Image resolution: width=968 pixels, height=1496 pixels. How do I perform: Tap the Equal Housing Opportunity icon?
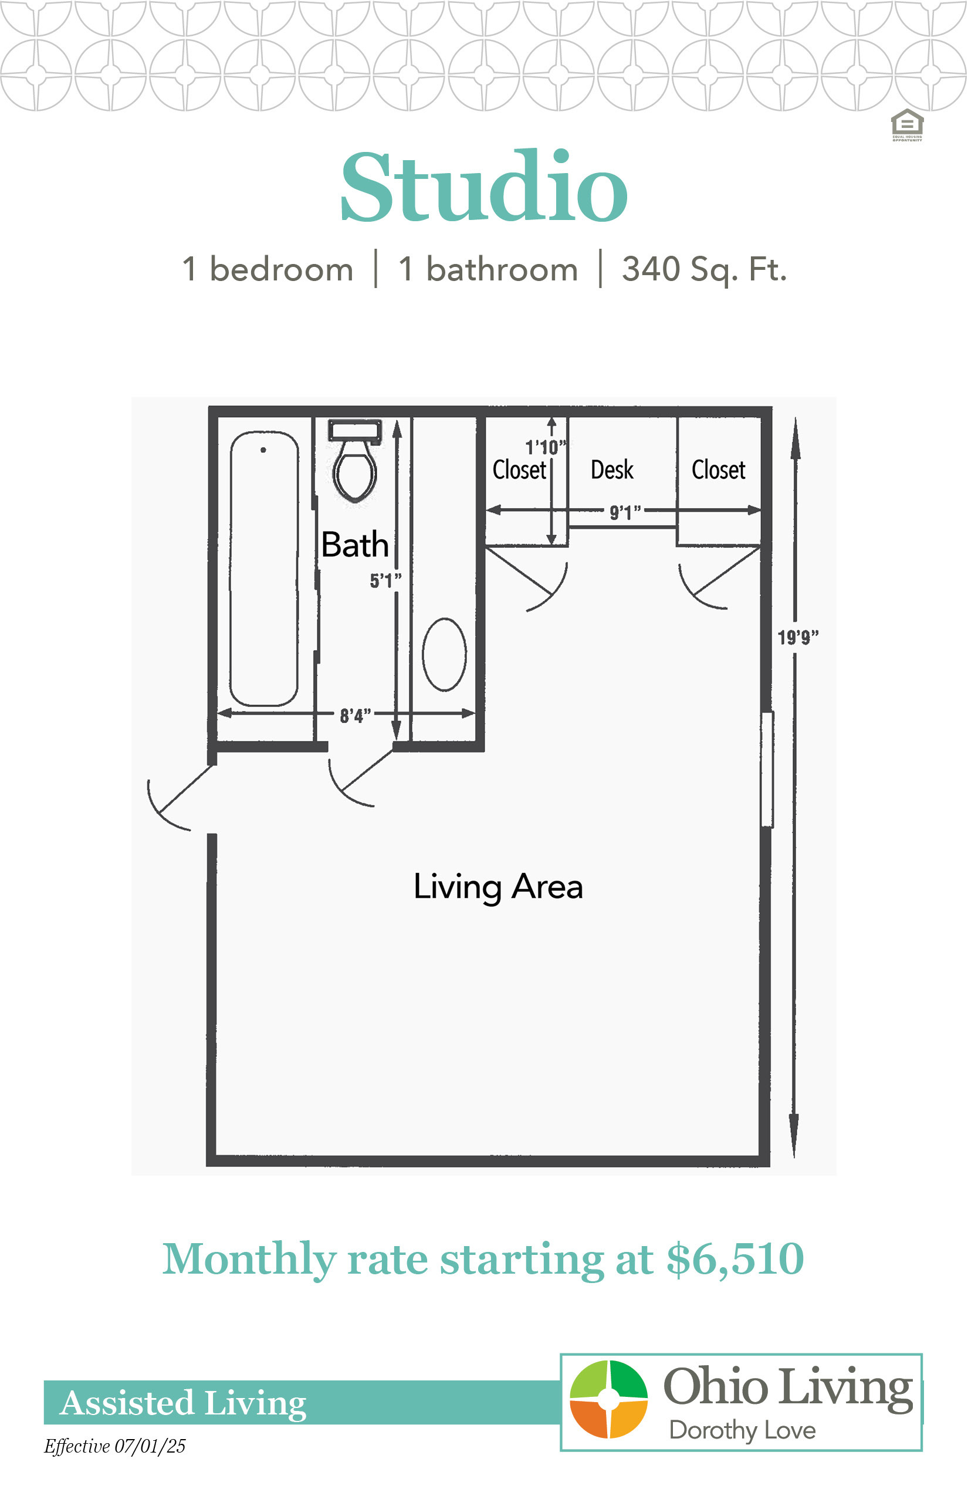coord(907,125)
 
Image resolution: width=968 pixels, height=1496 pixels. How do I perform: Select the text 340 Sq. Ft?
coord(704,269)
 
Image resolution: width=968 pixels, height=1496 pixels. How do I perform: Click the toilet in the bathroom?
coord(355,461)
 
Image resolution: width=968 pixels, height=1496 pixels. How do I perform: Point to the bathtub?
coord(264,569)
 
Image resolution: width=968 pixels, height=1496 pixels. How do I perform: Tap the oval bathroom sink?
coord(445,654)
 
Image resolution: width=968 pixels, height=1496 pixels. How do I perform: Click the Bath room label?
coord(355,544)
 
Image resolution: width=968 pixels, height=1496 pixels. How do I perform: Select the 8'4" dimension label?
coord(356,715)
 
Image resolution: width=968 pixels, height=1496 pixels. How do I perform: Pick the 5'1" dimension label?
coord(385,580)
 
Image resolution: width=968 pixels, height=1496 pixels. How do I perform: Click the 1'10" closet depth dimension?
coord(546,447)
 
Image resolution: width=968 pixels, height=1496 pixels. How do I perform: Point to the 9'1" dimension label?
coord(625,512)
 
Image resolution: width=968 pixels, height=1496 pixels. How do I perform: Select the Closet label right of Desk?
coord(719,469)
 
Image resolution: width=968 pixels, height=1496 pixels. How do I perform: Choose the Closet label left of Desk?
coord(519,469)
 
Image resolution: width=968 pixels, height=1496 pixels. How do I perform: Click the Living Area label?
coord(499,888)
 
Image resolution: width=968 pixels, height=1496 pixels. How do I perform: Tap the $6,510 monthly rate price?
coord(736,1259)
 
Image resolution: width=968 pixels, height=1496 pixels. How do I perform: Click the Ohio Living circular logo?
coord(608,1399)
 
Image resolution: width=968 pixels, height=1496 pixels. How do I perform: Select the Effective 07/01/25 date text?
coord(115,1446)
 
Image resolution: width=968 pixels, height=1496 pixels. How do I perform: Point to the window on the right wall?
coord(767,769)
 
